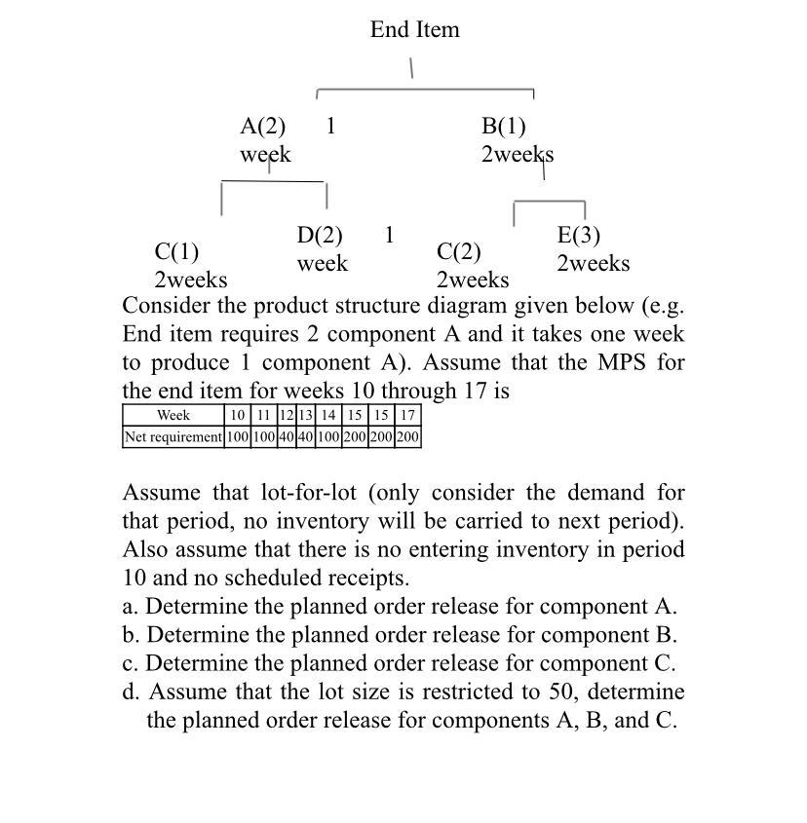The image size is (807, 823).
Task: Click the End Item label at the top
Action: tap(414, 30)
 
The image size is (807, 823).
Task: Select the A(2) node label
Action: tap(263, 127)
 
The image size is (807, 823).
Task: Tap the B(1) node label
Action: tap(503, 127)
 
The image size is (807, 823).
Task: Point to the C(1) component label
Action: tap(176, 252)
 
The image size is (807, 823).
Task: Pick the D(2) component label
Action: tap(320, 236)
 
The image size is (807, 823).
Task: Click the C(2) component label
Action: tap(459, 252)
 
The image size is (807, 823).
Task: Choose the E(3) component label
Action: tap(579, 236)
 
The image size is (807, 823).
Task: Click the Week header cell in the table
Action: tap(173, 416)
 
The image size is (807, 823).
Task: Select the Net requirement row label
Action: tap(173, 437)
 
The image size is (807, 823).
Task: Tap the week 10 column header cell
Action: tap(237, 416)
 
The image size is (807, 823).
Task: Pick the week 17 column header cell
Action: tap(408, 416)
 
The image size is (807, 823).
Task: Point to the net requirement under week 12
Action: tap(286, 437)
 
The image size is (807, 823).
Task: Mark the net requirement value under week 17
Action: tap(408, 437)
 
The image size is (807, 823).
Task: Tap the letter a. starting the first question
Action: tap(131, 607)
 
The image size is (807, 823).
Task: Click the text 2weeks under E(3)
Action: tap(594, 264)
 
